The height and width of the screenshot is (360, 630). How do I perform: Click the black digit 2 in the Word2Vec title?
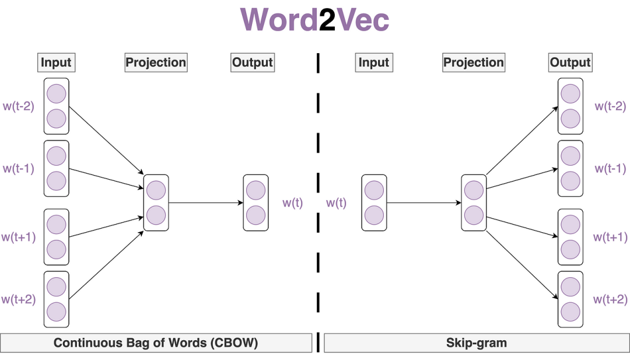pyautogui.click(x=327, y=21)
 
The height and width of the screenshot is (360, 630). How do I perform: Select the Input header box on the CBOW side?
pyautogui.click(x=56, y=62)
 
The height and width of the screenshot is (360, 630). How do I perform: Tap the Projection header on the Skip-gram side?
pyautogui.click(x=474, y=62)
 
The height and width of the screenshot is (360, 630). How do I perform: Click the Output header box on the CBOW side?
pyautogui.click(x=253, y=62)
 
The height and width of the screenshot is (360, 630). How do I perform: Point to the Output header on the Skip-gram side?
pyautogui.click(x=570, y=62)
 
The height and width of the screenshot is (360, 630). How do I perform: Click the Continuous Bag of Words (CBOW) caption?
pyautogui.click(x=156, y=342)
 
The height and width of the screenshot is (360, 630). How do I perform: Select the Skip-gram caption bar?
pyautogui.click(x=476, y=342)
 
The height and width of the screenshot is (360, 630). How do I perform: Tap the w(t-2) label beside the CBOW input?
pyautogui.click(x=19, y=106)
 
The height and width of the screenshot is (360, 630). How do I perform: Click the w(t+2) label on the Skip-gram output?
pyautogui.click(x=610, y=299)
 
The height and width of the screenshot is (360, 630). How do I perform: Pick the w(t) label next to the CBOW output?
pyautogui.click(x=293, y=203)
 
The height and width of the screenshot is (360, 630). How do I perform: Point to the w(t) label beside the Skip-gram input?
pyautogui.click(x=336, y=203)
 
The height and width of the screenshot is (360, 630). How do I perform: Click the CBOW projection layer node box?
pyautogui.click(x=156, y=202)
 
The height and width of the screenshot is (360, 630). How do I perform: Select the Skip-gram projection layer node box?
pyautogui.click(x=474, y=202)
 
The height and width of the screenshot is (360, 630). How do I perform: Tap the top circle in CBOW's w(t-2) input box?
pyautogui.click(x=56, y=94)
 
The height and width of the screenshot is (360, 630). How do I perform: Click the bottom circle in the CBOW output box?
pyautogui.click(x=256, y=215)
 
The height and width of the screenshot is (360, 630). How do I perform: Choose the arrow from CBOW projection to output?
pyautogui.click(x=205, y=203)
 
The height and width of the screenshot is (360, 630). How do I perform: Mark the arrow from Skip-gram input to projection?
pyautogui.click(x=423, y=203)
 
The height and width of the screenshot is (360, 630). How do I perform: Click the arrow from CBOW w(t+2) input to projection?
pyautogui.click(x=106, y=263)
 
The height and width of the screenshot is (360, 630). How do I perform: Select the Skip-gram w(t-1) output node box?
pyautogui.click(x=570, y=168)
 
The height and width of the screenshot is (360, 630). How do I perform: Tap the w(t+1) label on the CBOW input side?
pyautogui.click(x=19, y=237)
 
